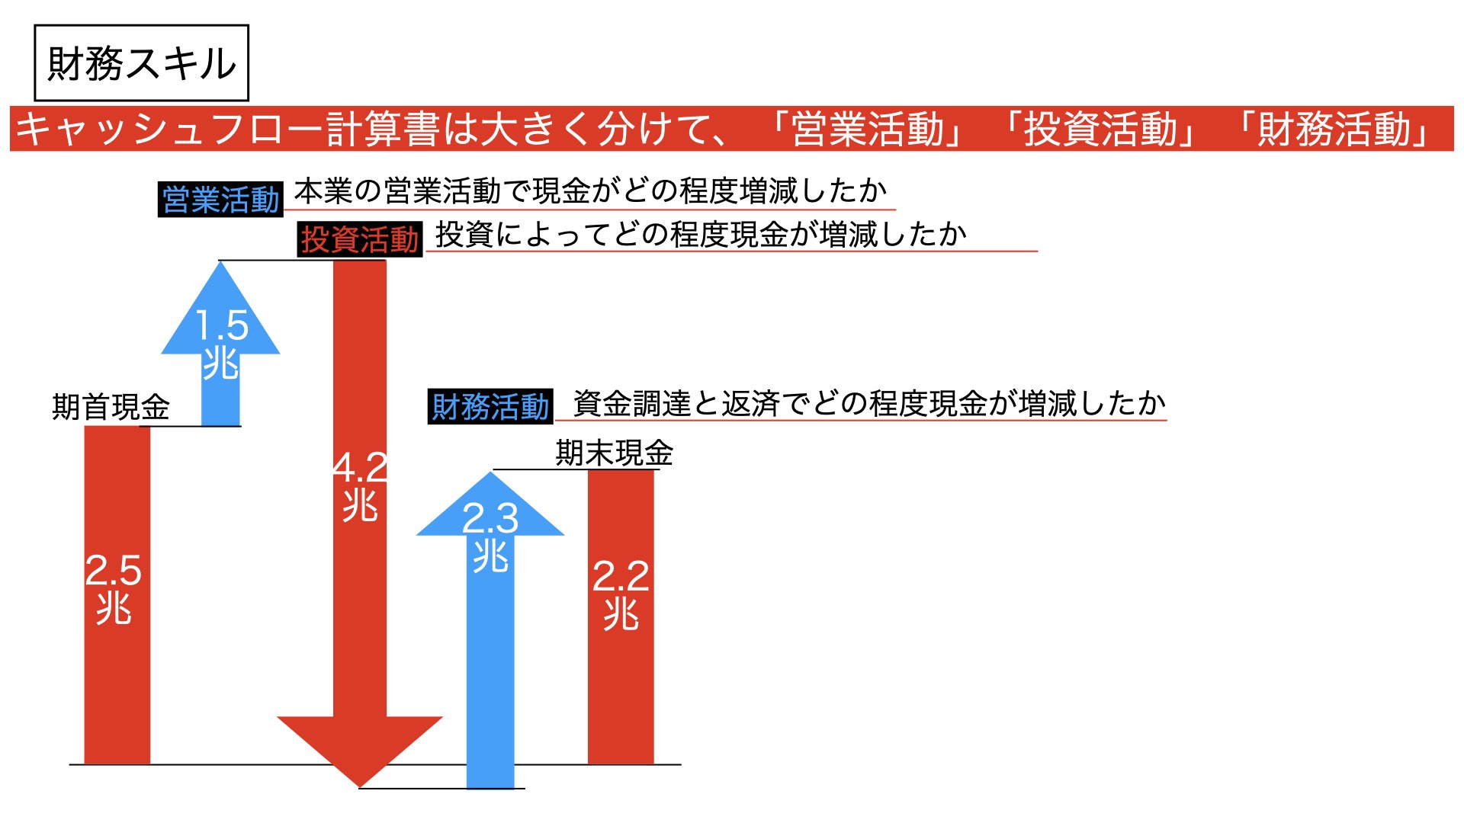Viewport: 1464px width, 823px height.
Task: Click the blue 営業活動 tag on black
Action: [x=220, y=200]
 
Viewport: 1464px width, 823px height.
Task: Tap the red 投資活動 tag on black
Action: [x=360, y=239]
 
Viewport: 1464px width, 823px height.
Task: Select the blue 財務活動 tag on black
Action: [x=490, y=406]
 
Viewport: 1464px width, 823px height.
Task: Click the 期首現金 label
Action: [x=111, y=407]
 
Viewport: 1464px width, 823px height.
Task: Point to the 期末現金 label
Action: [x=615, y=453]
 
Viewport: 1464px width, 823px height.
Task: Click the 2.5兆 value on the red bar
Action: [x=114, y=589]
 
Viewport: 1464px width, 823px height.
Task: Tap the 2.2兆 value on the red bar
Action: [x=621, y=594]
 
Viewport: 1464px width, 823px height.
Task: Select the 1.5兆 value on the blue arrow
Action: [x=221, y=344]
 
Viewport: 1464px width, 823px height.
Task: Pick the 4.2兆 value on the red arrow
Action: [x=360, y=486]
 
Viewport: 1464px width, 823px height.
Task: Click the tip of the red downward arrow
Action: [x=360, y=787]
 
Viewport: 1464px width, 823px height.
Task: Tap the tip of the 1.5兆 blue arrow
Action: [x=220, y=262]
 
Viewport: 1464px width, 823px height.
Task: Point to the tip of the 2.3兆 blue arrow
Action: [x=490, y=472]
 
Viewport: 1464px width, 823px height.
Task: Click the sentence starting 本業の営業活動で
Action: [x=591, y=191]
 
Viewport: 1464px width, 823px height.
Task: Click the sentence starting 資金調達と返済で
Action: [x=870, y=403]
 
